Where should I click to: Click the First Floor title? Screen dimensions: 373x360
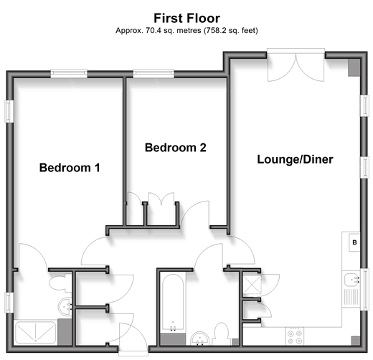coord(186,19)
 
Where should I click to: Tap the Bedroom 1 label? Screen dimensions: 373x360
coord(70,168)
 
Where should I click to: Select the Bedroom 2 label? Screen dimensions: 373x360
coord(176,148)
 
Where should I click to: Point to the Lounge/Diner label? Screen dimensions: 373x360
coord(295,159)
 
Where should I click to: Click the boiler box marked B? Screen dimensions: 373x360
coord(354,242)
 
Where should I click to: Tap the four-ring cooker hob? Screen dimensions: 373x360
coord(295,337)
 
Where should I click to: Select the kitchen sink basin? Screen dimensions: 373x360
coord(352,280)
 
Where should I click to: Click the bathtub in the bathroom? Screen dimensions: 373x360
coord(173,303)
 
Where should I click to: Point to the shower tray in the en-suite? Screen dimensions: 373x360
coord(35,333)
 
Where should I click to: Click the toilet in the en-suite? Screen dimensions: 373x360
coord(60,283)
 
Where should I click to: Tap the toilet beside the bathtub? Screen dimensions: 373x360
coord(221,334)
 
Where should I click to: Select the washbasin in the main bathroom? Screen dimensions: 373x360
coord(199,338)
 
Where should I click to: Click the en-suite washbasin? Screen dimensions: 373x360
coord(65,306)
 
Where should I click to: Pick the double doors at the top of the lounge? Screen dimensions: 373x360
coord(296,67)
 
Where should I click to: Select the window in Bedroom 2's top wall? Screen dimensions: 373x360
coord(154,73)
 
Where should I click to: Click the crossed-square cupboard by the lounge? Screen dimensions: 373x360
coord(252,285)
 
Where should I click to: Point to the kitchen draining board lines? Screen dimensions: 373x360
coord(351,297)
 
